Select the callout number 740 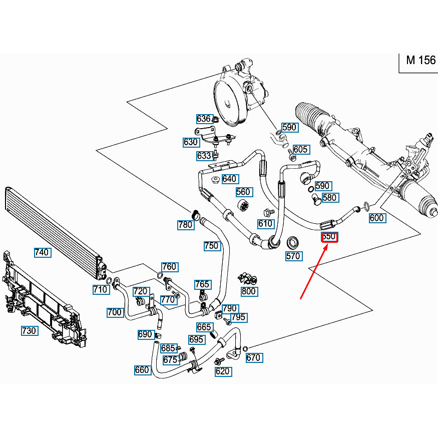click(42, 252)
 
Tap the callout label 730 click(29, 331)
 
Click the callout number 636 click(203, 119)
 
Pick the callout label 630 click(191, 142)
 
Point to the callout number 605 click(300, 149)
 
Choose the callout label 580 click(329, 198)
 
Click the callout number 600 click(376, 218)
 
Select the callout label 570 click(293, 256)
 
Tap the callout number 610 click(265, 224)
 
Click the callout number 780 click(185, 225)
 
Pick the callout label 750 click(212, 246)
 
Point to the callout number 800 click(248, 291)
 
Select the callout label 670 click(253, 357)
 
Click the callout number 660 click(142, 370)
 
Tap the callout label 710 click(100, 289)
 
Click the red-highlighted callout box click(329, 236)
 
